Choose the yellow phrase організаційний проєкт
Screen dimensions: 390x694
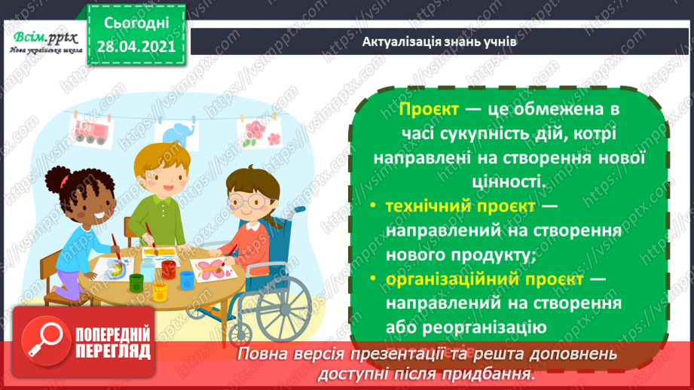click(484, 279)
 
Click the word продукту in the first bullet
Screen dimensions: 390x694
click(488, 254)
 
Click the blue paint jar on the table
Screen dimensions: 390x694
click(187, 280)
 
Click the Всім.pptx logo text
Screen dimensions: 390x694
click(41, 38)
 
